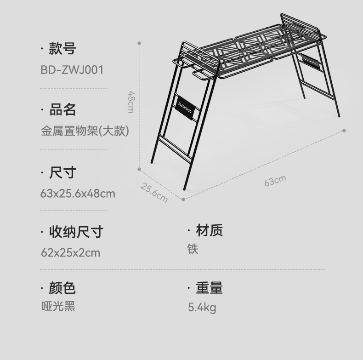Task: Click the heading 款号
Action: click(62, 48)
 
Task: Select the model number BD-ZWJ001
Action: click(72, 70)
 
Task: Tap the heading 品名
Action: click(62, 109)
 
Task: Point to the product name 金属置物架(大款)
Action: click(85, 131)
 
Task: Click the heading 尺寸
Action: click(62, 172)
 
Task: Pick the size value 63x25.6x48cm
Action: click(78, 193)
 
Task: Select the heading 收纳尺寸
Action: click(76, 231)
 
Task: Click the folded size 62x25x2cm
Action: click(70, 252)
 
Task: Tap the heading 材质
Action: click(209, 230)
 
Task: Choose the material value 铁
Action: click(193, 249)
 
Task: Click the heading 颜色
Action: click(62, 288)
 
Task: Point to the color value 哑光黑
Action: click(58, 306)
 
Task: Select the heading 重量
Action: click(209, 288)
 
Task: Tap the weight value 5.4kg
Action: click(202, 307)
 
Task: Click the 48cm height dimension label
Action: click(131, 102)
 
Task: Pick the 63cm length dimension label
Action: click(275, 181)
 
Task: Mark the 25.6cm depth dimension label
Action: click(154, 193)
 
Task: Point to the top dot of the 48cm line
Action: click(139, 43)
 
